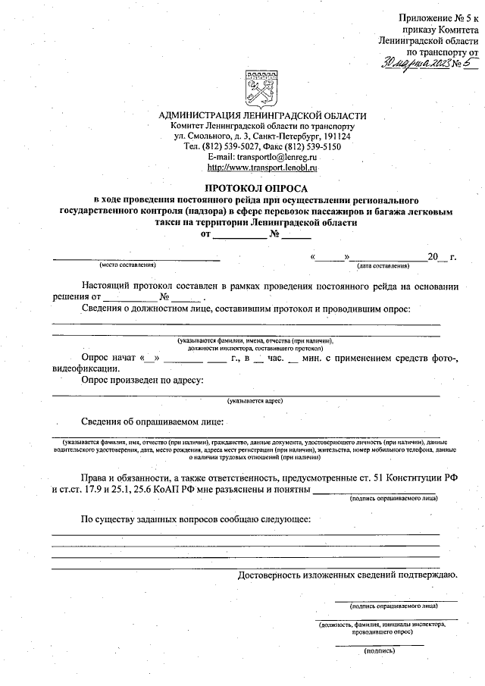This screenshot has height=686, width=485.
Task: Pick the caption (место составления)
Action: pos(127,265)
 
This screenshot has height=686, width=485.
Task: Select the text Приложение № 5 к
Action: pos(438,17)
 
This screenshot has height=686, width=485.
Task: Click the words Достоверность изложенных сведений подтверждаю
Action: pos(346,575)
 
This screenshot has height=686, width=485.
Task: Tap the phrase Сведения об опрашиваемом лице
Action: pos(154,421)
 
